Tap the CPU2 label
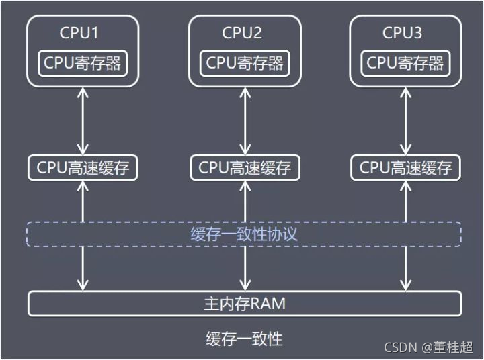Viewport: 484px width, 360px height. click(242, 33)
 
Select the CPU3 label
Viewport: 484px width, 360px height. click(403, 33)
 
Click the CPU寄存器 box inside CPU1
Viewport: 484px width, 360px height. click(83, 63)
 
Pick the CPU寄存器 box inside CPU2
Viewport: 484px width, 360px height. click(245, 63)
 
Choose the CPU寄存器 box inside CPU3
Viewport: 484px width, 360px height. click(405, 63)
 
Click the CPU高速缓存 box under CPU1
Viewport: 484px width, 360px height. click(83, 167)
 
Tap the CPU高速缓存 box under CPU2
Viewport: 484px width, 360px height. click(245, 167)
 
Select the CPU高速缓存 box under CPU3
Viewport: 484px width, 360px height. click(405, 167)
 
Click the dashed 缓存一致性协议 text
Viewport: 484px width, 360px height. click(244, 234)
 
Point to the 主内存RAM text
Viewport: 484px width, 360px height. click(244, 304)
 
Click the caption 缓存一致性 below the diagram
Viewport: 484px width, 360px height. click(244, 339)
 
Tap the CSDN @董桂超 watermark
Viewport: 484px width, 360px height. click(429, 347)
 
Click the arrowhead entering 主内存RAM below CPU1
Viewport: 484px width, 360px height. click(83, 286)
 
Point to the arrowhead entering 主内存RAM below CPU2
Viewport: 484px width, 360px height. click(245, 286)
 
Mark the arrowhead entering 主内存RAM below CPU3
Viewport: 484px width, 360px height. click(405, 286)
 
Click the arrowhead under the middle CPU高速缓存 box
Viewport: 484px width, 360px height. click(245, 185)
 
